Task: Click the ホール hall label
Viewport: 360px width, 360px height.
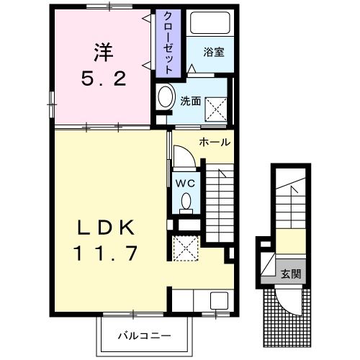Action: click(214, 142)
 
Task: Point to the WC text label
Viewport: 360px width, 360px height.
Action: click(185, 183)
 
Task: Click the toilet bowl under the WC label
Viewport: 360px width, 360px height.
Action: click(186, 201)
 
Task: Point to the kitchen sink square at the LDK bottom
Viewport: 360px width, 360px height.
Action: click(217, 302)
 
